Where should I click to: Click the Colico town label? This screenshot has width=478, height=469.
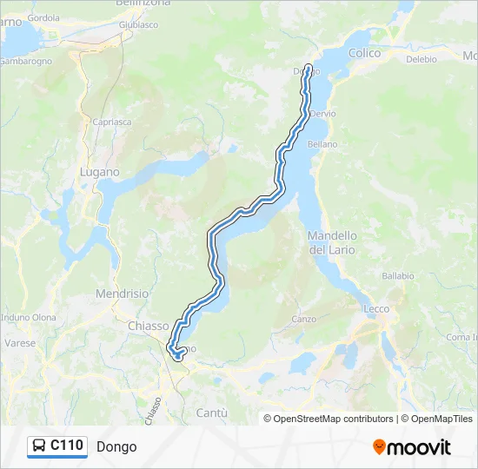tap(364, 53)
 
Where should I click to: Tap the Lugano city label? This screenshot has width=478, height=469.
tap(99, 172)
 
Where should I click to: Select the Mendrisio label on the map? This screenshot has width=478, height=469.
tap(123, 294)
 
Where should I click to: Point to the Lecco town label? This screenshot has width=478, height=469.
tap(376, 308)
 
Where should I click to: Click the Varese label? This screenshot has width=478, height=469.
tap(20, 343)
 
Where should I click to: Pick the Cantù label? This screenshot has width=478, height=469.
tap(212, 412)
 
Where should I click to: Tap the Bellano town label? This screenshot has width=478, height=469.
tap(322, 144)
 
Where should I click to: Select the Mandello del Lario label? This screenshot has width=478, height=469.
tap(333, 242)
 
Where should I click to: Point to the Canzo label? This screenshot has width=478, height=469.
tap(304, 319)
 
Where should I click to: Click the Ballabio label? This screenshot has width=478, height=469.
tap(397, 275)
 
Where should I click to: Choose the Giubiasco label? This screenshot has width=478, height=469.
tap(138, 25)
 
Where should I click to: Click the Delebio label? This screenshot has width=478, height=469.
tap(421, 60)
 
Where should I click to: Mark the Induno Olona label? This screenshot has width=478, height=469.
tap(28, 318)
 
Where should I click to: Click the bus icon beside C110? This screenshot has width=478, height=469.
tap(39, 446)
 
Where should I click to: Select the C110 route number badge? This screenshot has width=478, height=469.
tap(67, 446)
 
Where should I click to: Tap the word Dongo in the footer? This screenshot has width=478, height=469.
tap(116, 447)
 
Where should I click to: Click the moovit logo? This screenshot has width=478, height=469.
tap(412, 447)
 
